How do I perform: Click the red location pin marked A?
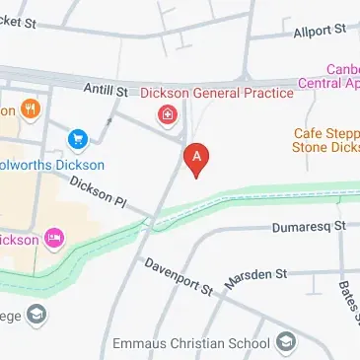pos(197,159)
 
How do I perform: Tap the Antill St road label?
pos(107,91)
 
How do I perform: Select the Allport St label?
pos(320,32)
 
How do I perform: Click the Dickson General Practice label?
pos(216,94)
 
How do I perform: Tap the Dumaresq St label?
pos(310,227)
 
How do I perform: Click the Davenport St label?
pos(179,276)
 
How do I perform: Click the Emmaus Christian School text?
pos(190,344)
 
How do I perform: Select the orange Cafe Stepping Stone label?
pos(325,140)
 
